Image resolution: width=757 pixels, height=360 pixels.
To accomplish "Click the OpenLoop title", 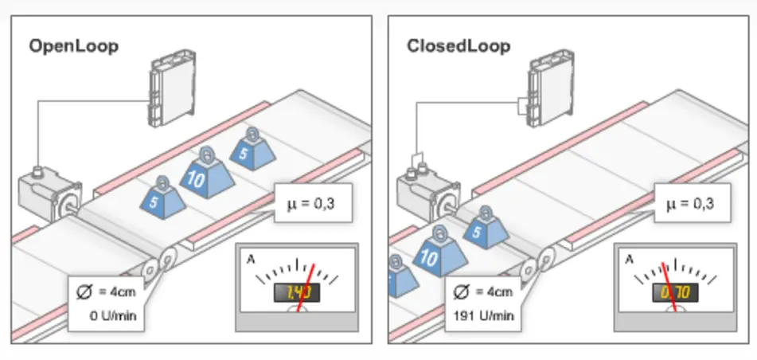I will [x=73, y=46].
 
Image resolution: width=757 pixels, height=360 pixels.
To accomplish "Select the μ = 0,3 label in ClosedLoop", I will [x=689, y=204].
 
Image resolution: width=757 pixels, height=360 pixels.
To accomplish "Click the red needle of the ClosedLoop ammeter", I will [x=670, y=283].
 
